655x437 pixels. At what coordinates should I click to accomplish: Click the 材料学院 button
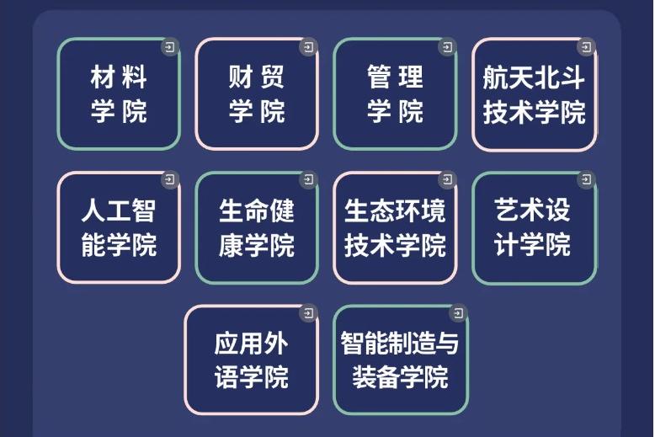119,94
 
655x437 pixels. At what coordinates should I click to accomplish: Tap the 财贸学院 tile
257,94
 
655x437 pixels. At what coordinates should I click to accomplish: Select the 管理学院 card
395,94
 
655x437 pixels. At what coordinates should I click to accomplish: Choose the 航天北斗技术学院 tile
535,95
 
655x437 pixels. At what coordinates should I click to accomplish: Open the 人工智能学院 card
119,227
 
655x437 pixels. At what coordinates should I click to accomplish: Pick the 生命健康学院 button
257,227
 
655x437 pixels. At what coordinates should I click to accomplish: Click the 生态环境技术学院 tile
395,227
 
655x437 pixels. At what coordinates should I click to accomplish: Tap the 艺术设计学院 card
535,228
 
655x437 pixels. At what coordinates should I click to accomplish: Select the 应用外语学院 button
252,360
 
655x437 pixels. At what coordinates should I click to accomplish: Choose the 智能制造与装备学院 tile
401,360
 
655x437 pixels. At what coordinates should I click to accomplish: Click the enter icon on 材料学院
170,47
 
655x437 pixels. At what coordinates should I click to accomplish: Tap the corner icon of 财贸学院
308,47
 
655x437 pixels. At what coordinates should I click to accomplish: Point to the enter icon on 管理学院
447,47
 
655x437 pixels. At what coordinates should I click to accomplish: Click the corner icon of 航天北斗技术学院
586,47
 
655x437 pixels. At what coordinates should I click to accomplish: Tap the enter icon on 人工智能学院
170,179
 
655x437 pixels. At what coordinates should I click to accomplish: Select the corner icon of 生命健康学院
308,179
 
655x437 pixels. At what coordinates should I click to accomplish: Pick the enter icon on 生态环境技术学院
447,179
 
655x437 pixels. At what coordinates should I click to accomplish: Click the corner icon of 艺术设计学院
586,179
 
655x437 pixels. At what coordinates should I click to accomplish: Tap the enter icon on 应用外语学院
308,313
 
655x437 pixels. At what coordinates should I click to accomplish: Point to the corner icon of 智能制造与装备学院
458,313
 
